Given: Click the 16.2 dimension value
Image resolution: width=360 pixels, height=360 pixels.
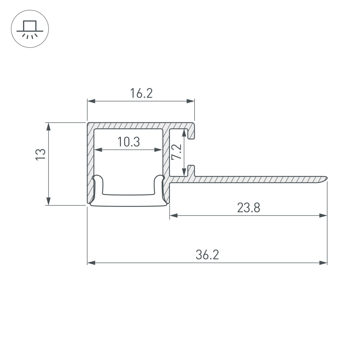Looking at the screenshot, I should click(x=141, y=94).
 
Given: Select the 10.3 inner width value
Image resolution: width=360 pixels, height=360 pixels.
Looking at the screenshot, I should click(x=128, y=142).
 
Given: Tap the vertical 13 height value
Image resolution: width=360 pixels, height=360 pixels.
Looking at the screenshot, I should click(x=41, y=154).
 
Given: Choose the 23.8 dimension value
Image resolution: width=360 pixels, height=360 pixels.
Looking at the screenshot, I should click(x=248, y=208).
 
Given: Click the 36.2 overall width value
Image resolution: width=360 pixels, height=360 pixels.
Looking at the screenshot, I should click(x=207, y=255).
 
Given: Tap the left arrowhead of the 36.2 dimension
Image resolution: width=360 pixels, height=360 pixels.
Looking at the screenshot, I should click(x=91, y=263).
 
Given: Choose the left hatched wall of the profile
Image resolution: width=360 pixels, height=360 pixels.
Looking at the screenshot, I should click(x=90, y=162).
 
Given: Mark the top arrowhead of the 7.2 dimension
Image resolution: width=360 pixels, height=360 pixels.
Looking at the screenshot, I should click(x=184, y=133).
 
